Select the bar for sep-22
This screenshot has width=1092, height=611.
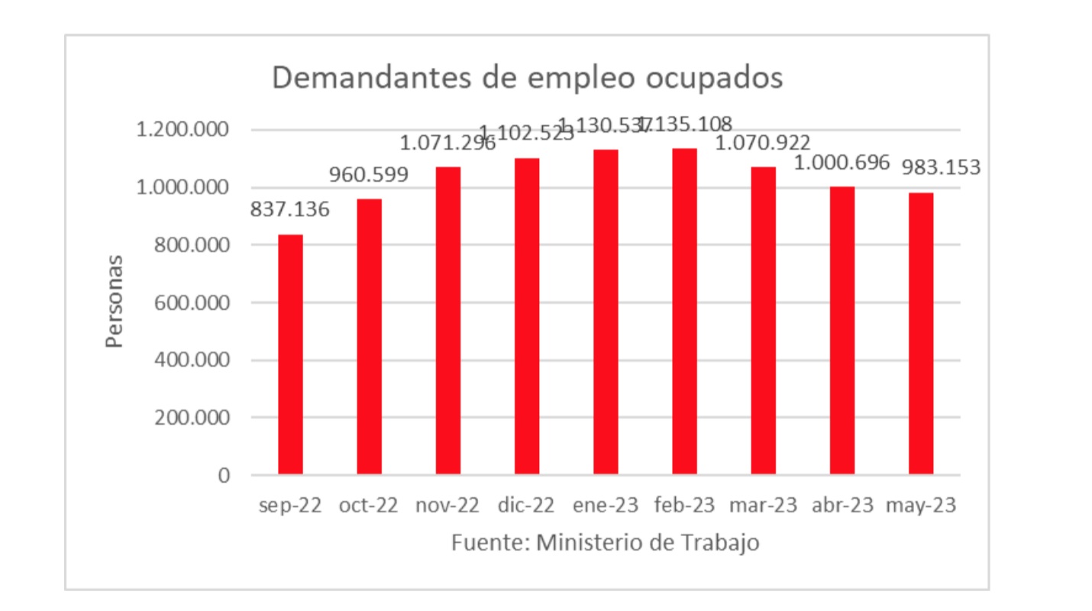[290, 355]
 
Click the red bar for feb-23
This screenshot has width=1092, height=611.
[684, 312]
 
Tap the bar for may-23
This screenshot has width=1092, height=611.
[921, 334]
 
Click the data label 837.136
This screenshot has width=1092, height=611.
[290, 209]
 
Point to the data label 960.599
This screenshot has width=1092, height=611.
[369, 174]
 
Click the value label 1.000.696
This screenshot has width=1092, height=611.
[842, 162]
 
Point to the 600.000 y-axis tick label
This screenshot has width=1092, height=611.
[192, 303]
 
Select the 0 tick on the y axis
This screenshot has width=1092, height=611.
[224, 476]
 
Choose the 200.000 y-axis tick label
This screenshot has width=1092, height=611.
[192, 419]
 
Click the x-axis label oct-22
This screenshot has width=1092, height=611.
[369, 506]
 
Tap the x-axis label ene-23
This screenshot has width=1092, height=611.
[605, 506]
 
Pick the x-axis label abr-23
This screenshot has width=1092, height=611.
[842, 506]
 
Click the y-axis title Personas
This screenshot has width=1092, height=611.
[115, 302]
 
